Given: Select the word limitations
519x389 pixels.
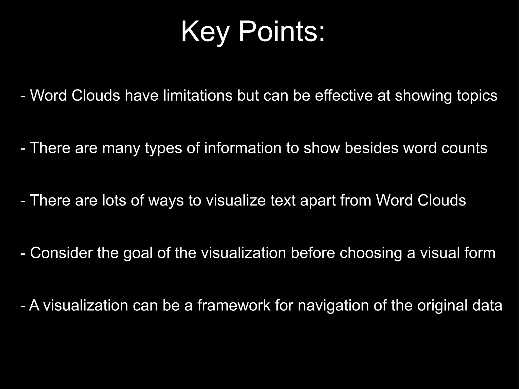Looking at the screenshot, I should pyautogui.click(x=198, y=96).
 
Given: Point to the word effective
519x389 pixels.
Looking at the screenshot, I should pyautogui.click(x=344, y=96).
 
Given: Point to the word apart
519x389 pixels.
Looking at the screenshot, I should pyautogui.click(x=318, y=201).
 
